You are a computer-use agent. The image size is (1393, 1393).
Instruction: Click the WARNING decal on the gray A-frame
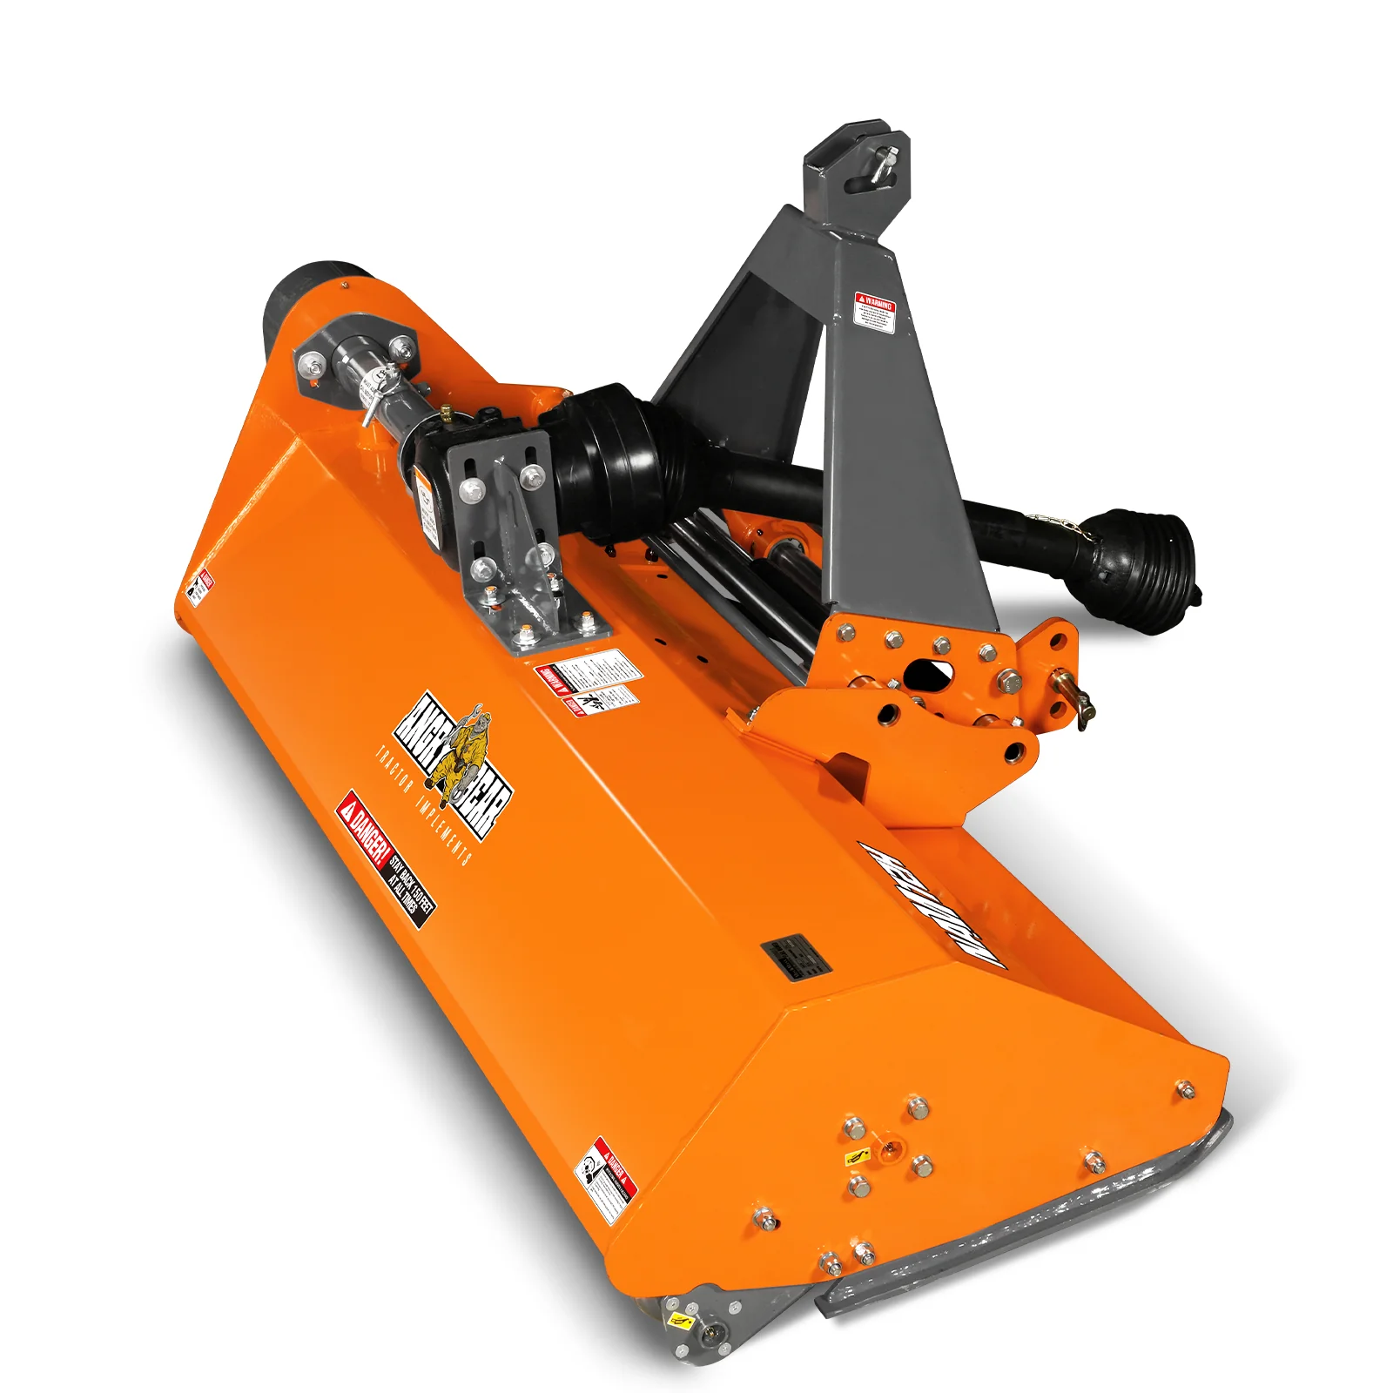click(x=875, y=312)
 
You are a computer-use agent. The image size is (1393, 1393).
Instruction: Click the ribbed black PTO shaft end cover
click(x=1145, y=557)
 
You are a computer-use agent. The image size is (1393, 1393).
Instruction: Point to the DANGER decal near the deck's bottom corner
click(x=606, y=1180)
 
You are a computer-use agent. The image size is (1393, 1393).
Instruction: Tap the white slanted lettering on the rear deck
click(x=932, y=905)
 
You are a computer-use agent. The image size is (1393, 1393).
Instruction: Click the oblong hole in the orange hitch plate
click(x=928, y=673)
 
